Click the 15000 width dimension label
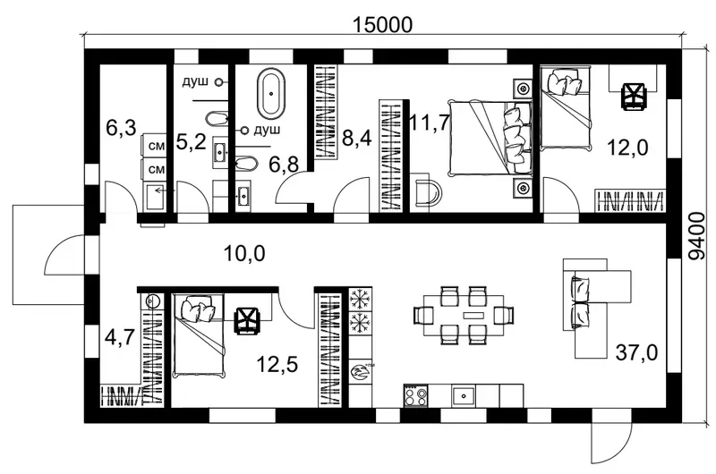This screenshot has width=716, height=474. click(383, 25)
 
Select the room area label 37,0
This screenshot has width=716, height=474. click(636, 352)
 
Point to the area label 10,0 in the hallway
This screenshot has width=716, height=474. click(244, 253)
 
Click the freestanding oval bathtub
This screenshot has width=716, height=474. click(271, 94)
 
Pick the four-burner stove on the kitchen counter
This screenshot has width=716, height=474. click(415, 395)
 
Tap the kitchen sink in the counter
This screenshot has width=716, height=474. click(464, 395)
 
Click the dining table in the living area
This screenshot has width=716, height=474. click(464, 315)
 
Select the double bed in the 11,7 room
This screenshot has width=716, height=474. click(490, 138)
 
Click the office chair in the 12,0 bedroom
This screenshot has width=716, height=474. click(634, 97)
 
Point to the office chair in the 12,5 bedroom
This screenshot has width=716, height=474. click(247, 321)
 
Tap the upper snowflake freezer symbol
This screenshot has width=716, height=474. click(361, 300)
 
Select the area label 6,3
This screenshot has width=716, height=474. click(121, 128)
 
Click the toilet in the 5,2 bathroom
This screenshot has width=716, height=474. click(216, 119)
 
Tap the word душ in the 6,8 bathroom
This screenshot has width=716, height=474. click(267, 131)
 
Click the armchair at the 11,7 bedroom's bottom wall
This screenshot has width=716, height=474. click(426, 192)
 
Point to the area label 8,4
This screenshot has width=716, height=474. click(356, 139)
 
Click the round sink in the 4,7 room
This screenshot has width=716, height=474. click(152, 300)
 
